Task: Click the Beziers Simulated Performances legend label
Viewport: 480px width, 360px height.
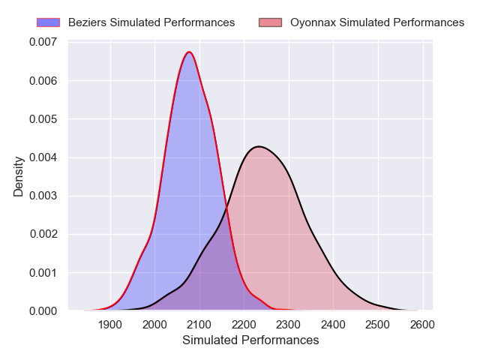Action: coord(151,22)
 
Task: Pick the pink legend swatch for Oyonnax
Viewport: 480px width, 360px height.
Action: coord(270,22)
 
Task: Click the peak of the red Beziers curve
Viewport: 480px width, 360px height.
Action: coord(190,52)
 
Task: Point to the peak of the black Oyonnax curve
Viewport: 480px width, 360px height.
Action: coord(257,146)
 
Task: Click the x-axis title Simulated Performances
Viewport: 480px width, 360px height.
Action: coord(250,340)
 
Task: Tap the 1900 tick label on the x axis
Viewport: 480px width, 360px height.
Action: coord(110,325)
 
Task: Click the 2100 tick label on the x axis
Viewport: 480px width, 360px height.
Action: coord(199,325)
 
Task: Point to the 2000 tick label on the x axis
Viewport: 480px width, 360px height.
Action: coord(154,325)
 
